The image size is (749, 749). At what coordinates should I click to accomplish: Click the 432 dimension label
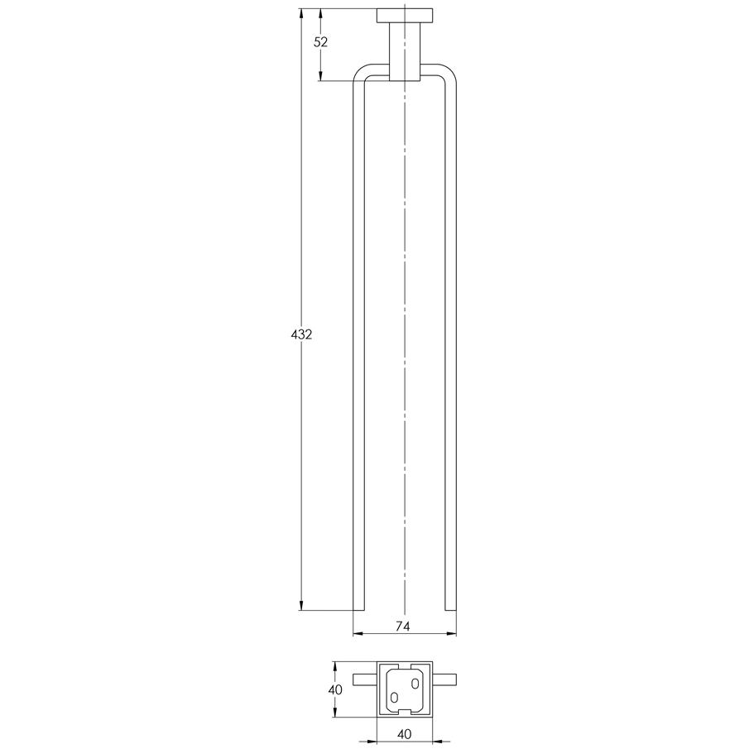tap(301, 335)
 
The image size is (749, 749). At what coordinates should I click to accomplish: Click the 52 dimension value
tap(321, 42)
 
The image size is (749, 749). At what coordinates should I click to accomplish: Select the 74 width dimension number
tap(403, 627)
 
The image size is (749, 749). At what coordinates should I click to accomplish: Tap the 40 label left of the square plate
tap(335, 689)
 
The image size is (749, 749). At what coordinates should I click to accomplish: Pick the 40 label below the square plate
tap(404, 734)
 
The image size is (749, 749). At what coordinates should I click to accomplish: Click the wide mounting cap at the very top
tap(405, 16)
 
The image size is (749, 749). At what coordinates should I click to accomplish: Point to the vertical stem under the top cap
tap(405, 51)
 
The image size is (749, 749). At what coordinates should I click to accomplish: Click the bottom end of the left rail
tap(358, 610)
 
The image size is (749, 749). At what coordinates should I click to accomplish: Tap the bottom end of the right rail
tap(450, 610)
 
